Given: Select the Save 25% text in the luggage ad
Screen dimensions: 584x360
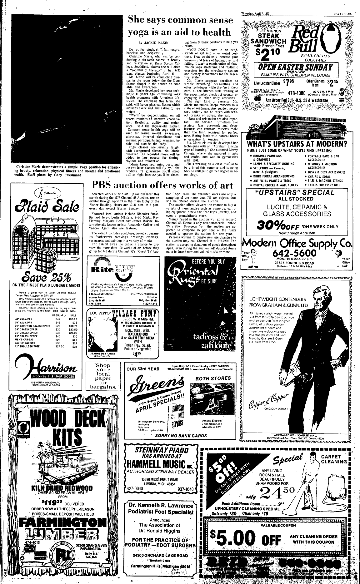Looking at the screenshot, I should (46, 277).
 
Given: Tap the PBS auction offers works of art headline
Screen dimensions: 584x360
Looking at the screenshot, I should (162, 186).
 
